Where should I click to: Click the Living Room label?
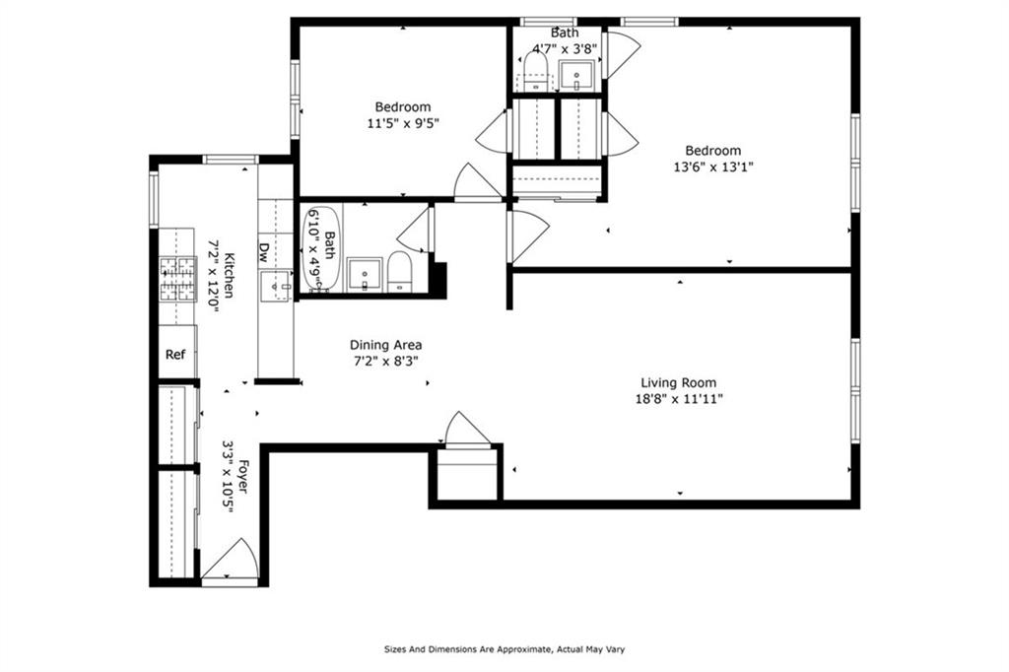[678, 383]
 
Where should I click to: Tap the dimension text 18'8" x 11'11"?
[678, 399]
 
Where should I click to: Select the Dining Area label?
[385, 345]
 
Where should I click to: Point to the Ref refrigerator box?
[175, 355]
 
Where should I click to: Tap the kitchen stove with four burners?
[177, 278]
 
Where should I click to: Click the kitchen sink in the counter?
[274, 286]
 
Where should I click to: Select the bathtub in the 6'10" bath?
[320, 248]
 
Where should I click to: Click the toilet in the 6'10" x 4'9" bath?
[399, 272]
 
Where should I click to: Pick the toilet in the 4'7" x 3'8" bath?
[535, 70]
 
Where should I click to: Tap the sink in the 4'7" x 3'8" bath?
[575, 73]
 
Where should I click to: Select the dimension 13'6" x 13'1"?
[713, 167]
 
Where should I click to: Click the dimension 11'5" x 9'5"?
[402, 123]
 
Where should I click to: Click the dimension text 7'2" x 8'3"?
[385, 361]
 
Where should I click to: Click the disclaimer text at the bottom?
[504, 649]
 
